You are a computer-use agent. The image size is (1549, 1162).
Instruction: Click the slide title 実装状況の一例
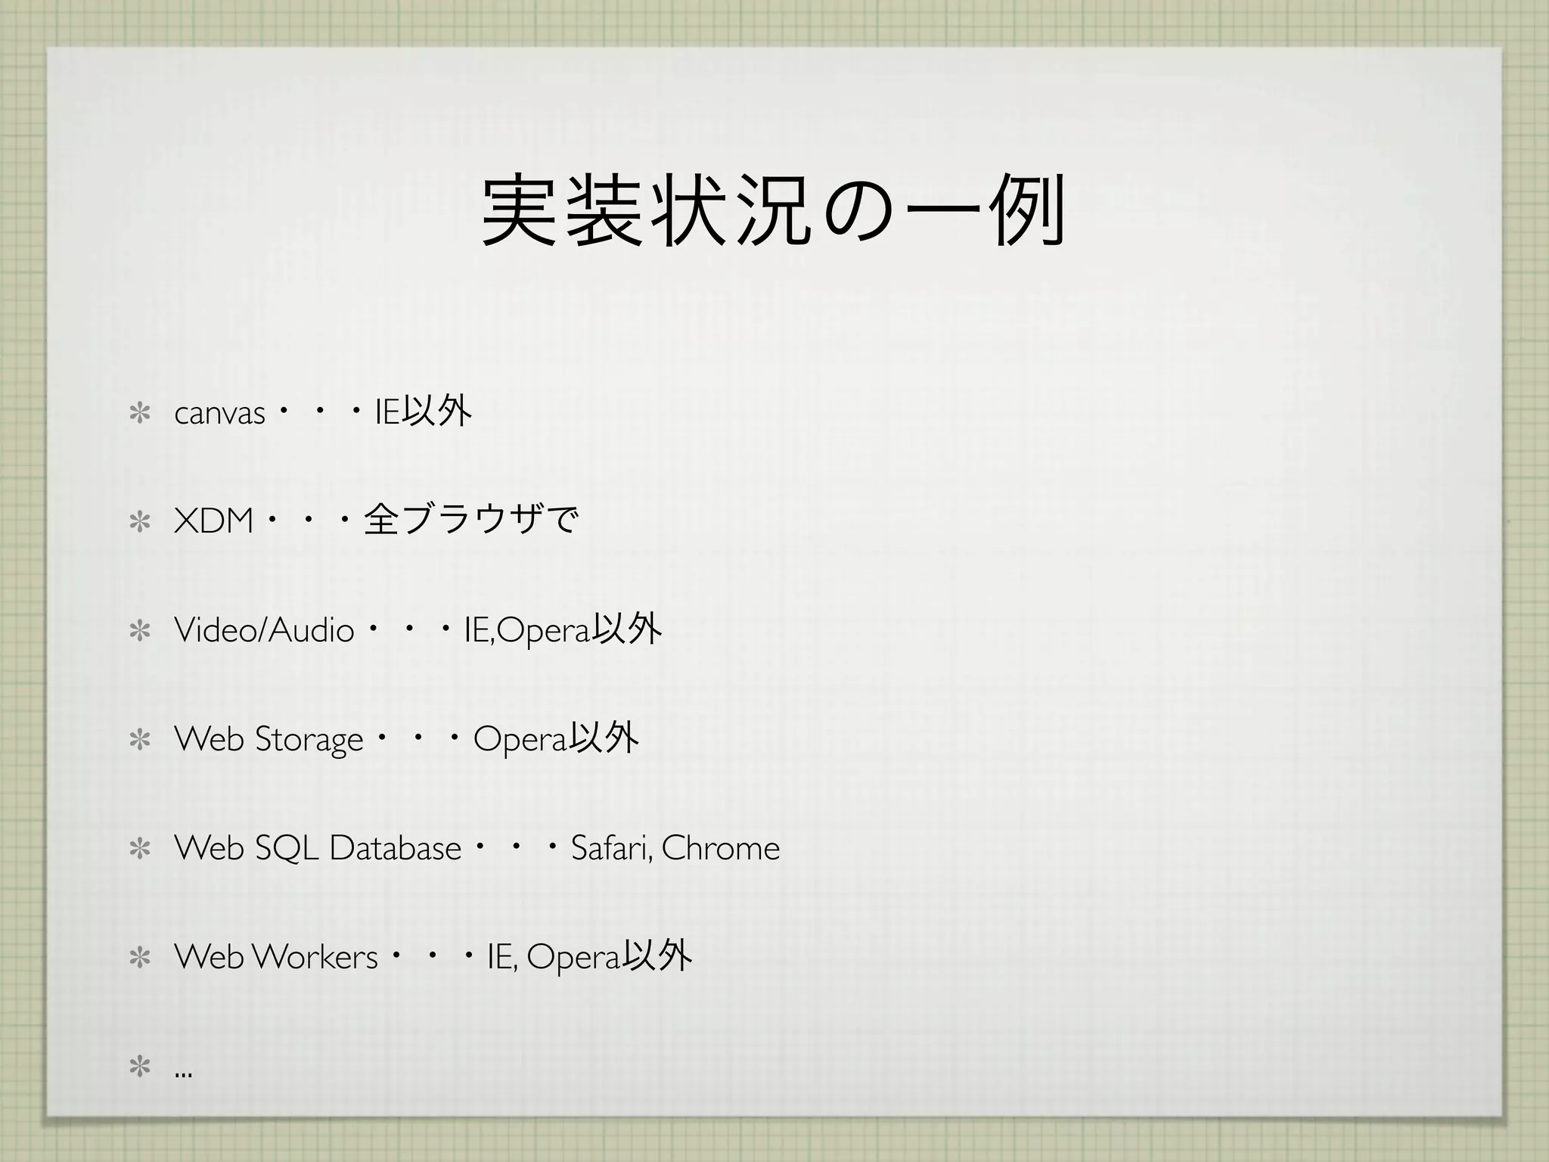coord(774,210)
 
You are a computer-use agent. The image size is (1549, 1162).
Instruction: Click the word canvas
coord(219,414)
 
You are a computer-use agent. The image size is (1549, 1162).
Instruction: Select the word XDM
coord(213,521)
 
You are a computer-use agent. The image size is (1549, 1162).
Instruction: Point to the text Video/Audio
coord(264,629)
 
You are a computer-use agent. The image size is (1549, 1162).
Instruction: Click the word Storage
coord(309,740)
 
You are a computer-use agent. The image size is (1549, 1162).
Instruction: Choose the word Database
coord(395,848)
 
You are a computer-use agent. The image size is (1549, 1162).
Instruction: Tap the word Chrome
coord(720,848)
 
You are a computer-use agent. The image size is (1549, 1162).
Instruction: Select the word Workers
coord(315,957)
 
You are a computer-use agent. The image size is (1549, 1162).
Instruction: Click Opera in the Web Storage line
coord(520,740)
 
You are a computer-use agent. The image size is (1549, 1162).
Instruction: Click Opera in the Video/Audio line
coord(543,631)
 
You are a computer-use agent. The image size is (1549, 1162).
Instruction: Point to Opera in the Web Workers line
coord(573,958)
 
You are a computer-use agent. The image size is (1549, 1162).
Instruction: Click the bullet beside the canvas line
coord(140,414)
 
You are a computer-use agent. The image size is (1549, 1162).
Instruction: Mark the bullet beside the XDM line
coord(140,522)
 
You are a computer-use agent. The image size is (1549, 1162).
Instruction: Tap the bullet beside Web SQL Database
coord(140,849)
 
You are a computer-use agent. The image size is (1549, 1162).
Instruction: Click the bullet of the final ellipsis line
coord(140,1067)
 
